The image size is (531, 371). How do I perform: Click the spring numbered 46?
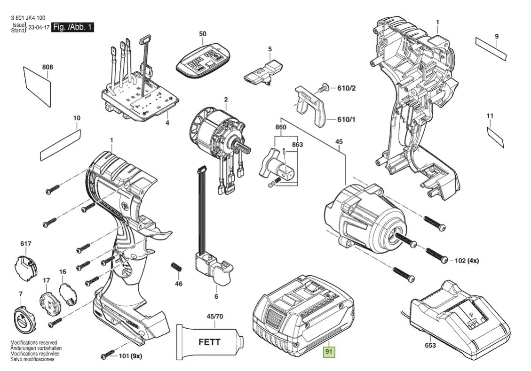tap(177, 267)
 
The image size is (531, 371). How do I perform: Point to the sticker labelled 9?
tap(491, 48)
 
